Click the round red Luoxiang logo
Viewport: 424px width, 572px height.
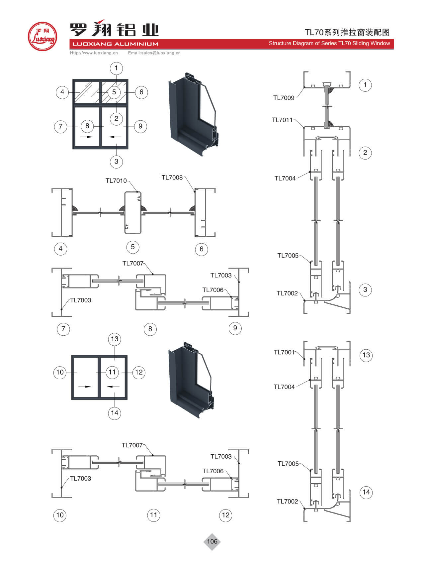[42, 37]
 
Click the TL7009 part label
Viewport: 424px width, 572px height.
[284, 98]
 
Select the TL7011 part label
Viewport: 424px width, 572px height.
[282, 120]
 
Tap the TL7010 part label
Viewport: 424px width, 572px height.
[116, 181]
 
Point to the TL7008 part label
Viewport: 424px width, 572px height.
[172, 177]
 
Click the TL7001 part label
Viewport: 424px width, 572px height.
[284, 352]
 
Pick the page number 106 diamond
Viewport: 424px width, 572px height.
[212, 541]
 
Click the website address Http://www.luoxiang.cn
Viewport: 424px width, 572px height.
[94, 53]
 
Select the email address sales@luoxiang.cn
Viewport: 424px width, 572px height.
[154, 53]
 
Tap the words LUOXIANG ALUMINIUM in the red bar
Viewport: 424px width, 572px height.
[115, 44]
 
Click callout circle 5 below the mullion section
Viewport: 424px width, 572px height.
[133, 247]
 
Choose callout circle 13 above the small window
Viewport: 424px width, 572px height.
[115, 339]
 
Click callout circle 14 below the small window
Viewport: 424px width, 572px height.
[115, 413]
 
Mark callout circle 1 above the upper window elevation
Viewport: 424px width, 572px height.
[116, 68]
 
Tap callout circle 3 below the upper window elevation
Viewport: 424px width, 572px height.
[116, 162]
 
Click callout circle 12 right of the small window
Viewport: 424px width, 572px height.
[139, 372]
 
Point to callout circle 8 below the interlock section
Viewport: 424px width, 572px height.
[150, 329]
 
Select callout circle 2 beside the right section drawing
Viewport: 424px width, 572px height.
[365, 153]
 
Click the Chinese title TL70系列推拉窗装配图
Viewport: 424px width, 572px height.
[347, 32]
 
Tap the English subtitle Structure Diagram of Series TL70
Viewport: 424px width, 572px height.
[329, 44]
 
